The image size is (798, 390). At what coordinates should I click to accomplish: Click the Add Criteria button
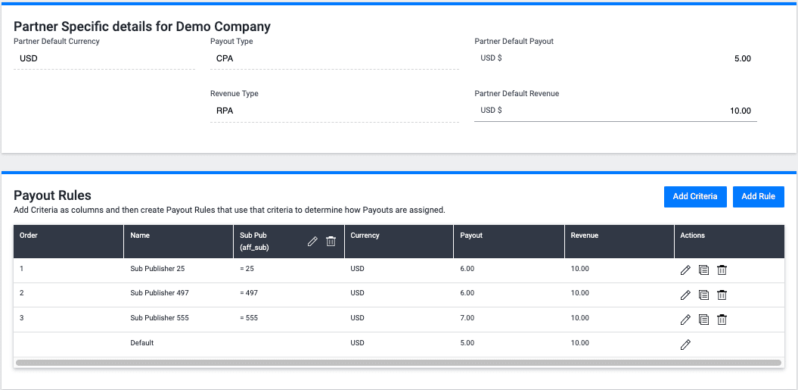click(x=694, y=196)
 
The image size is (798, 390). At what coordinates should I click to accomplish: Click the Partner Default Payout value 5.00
click(x=742, y=58)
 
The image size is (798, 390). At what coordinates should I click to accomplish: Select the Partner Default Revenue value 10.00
click(x=740, y=111)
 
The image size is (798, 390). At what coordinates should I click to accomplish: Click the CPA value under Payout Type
click(x=225, y=58)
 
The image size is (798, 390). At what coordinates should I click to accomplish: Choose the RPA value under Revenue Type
click(x=225, y=111)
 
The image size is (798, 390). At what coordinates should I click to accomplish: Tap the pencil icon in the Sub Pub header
click(x=312, y=241)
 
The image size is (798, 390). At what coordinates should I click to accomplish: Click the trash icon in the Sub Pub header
click(x=331, y=241)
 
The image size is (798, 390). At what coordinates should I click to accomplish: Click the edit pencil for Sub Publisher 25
click(x=685, y=270)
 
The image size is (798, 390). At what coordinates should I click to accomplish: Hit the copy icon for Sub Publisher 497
click(x=703, y=295)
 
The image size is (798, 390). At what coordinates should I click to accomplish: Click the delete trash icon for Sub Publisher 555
click(x=722, y=320)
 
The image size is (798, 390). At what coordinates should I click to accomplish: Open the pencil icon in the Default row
click(x=685, y=345)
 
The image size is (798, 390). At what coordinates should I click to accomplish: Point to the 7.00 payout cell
click(x=467, y=318)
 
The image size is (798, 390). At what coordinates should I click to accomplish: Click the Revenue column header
click(x=584, y=236)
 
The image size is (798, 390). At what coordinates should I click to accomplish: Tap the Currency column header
click(x=365, y=236)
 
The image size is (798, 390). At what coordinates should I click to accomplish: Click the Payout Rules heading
click(x=52, y=195)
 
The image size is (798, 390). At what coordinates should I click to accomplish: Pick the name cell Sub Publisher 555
click(x=159, y=318)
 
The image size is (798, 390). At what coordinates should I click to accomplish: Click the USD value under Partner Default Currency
click(x=29, y=58)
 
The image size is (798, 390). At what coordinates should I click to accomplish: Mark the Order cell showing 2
click(x=22, y=293)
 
